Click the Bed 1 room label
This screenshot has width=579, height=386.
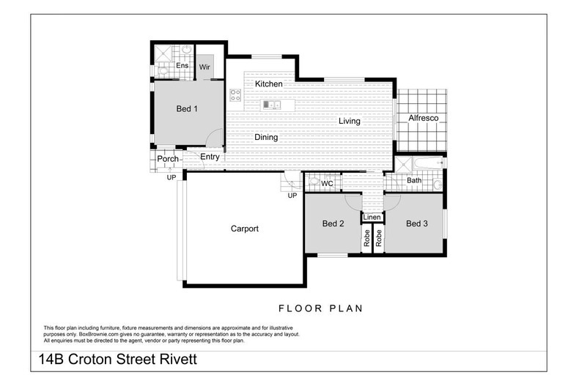(x=187, y=109)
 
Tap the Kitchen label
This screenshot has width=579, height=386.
(x=268, y=84)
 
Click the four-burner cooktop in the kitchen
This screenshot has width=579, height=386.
(x=235, y=94)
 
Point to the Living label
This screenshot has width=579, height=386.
(x=349, y=121)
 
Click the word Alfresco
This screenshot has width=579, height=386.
(x=423, y=118)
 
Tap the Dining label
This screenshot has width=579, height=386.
(x=265, y=137)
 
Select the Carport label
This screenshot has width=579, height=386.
(x=244, y=229)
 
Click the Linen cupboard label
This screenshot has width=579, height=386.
(x=372, y=218)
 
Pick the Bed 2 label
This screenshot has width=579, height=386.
(x=333, y=223)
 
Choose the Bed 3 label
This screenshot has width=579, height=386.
(x=416, y=223)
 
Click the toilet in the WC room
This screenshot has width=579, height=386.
(x=314, y=182)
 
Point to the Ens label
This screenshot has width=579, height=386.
(x=182, y=66)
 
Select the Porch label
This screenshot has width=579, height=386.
(x=168, y=159)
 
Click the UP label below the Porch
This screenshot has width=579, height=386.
(x=171, y=177)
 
